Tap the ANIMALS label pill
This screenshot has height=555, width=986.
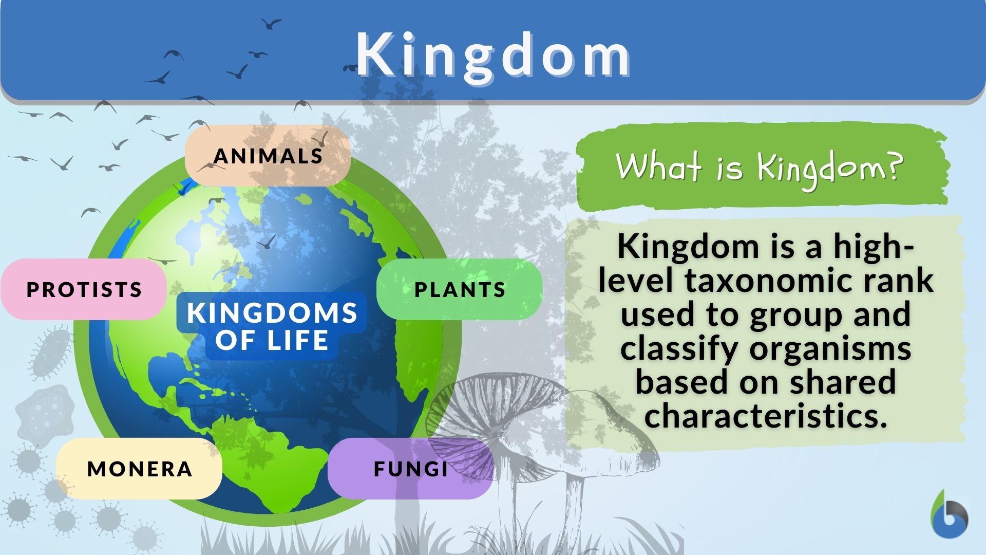click(268, 156)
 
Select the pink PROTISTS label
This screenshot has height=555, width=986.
click(84, 289)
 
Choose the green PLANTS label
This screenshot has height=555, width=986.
click(460, 289)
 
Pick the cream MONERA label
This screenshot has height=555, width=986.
click(139, 469)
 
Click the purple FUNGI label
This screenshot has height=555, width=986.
click(410, 469)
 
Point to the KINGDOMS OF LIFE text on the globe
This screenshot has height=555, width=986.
click(272, 326)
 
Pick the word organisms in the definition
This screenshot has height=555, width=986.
click(830, 349)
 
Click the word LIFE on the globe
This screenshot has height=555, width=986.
click(298, 340)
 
